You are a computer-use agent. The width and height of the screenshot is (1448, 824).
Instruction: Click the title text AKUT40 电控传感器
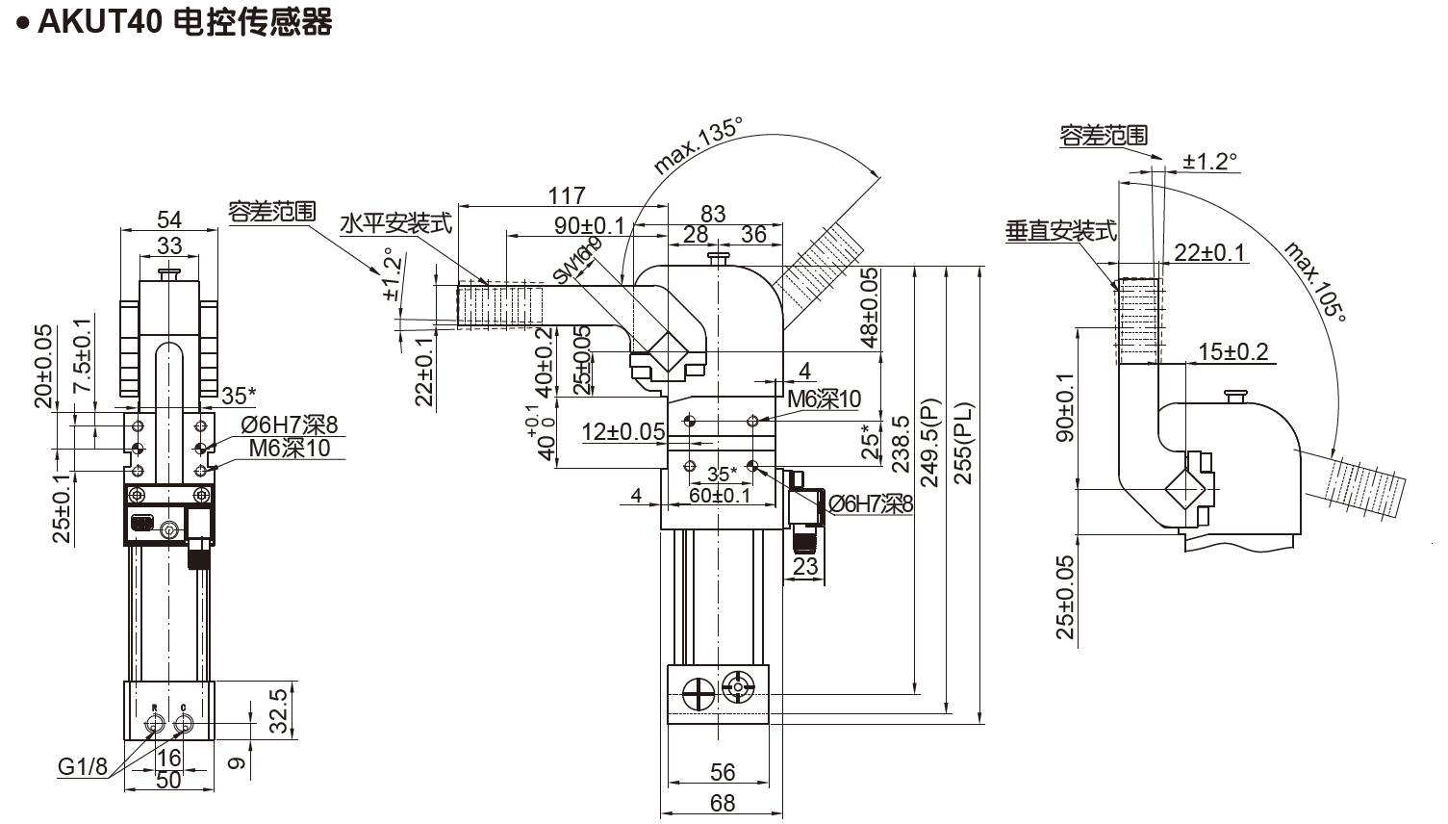pos(184,21)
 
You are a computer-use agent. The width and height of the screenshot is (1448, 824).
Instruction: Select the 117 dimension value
pos(567,195)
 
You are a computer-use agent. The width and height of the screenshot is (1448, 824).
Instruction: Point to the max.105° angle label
pos(1315,280)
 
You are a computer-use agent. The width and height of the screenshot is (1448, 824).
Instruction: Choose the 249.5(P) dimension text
pos(929,443)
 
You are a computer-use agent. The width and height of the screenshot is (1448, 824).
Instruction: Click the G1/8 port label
pos(82,767)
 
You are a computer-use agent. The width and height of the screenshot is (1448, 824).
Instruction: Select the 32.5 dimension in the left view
pos(279,710)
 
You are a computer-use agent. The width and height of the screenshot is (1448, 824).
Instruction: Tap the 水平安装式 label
pos(395,224)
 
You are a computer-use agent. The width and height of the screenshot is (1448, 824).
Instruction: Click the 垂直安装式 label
pos(1060,231)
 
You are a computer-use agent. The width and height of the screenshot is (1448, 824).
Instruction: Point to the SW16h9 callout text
pos(577,260)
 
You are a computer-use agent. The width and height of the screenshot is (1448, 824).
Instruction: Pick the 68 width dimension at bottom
pos(723,802)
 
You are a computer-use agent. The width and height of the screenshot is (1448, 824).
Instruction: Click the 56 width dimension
pos(723,772)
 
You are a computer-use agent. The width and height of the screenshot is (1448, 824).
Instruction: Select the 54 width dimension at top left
pos(169,219)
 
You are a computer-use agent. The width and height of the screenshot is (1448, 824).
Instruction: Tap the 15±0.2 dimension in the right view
pos(1233,352)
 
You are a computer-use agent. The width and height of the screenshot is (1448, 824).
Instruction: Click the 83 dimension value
pos(713,213)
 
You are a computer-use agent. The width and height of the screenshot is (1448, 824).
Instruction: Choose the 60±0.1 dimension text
pos(720,495)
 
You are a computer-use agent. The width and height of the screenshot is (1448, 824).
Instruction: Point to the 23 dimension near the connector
pos(805,566)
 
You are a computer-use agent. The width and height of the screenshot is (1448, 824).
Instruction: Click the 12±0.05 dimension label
pos(623,432)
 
